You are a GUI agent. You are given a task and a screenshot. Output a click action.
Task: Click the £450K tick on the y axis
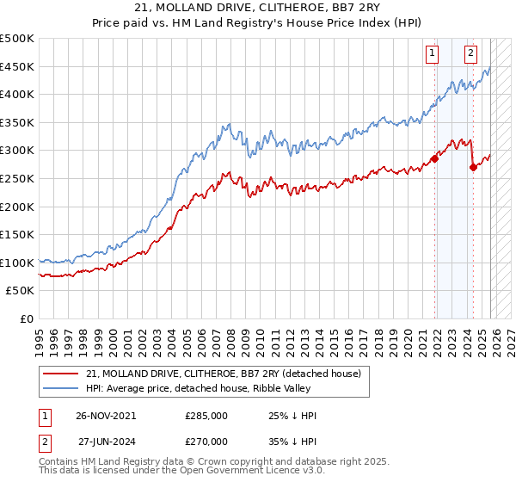(x=17, y=66)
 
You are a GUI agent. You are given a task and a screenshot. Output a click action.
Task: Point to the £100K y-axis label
(x=17, y=263)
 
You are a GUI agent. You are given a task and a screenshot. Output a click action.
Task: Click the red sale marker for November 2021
(x=434, y=159)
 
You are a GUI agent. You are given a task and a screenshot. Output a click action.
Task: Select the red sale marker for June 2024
(x=473, y=168)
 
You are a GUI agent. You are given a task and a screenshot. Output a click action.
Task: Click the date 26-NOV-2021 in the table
(x=105, y=416)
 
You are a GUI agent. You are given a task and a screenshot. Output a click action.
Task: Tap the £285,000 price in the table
(x=206, y=416)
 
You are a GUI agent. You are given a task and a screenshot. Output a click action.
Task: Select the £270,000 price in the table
(x=206, y=441)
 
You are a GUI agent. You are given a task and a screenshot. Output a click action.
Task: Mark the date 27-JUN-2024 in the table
(x=105, y=441)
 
